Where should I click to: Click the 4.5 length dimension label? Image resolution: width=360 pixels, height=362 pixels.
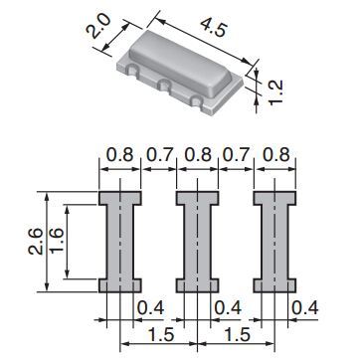(x=213, y=27)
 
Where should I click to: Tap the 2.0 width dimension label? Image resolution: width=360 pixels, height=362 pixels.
(x=97, y=27)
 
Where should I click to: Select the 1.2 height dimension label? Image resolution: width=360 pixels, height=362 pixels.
(x=275, y=91)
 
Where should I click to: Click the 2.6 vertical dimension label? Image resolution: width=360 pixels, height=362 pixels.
(x=36, y=242)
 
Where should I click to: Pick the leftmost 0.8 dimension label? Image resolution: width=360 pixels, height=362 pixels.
(x=119, y=154)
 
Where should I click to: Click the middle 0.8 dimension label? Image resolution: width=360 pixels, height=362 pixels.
(x=197, y=154)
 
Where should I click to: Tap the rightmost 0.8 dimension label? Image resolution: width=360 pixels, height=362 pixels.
(x=275, y=154)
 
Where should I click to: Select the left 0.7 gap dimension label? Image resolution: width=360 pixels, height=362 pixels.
(x=159, y=154)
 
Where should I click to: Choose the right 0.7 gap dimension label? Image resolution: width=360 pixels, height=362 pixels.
(x=236, y=154)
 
